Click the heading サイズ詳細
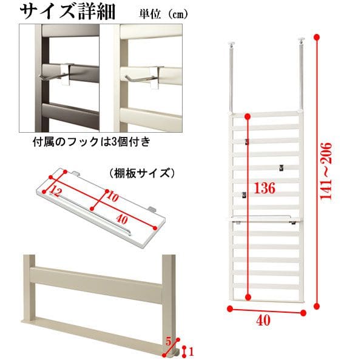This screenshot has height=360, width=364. (x=67, y=11)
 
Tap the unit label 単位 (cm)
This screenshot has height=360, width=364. (x=163, y=15)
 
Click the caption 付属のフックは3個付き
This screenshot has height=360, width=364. (x=92, y=141)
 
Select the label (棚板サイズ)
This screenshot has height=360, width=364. (x=141, y=173)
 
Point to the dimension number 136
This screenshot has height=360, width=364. (x=265, y=188)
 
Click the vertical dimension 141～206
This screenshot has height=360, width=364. (x=326, y=171)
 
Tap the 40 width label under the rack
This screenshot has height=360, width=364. (x=263, y=321)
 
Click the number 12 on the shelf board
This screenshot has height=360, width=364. (x=55, y=192)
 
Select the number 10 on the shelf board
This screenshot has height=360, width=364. (x=113, y=197)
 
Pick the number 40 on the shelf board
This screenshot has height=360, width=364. (x=122, y=219)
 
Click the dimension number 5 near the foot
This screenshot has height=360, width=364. (x=168, y=341)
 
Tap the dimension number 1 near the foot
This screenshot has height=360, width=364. (x=191, y=352)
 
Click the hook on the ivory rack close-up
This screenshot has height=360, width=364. (x=142, y=76)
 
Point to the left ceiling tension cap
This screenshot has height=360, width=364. (x=231, y=43)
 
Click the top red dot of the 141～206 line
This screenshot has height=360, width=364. (x=317, y=37)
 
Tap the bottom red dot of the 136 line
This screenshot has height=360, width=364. (x=248, y=297)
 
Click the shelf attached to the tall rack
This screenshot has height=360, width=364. (x=264, y=219)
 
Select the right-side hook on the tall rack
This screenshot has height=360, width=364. (x=281, y=168)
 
